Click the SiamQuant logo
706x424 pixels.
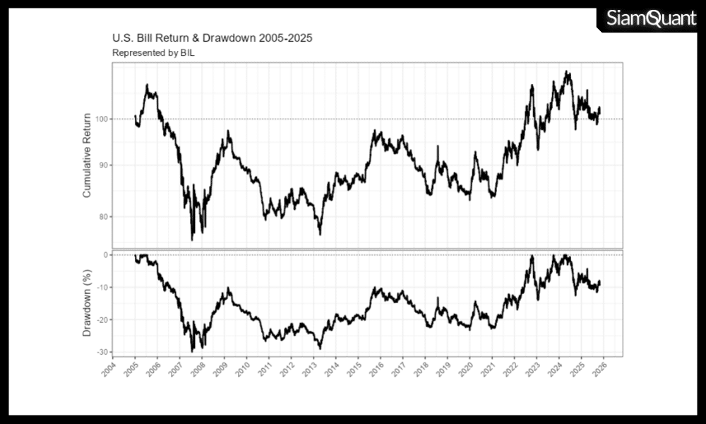[x=651, y=18]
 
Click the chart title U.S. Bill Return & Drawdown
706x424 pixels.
[x=212, y=37]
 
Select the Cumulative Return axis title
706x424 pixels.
[x=88, y=155]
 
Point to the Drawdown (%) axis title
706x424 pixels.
[x=88, y=302]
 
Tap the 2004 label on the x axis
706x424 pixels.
[x=108, y=371]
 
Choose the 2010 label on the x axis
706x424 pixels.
[x=241, y=371]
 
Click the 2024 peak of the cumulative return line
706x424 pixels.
[x=566, y=71]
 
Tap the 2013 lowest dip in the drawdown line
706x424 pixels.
[x=320, y=348]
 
